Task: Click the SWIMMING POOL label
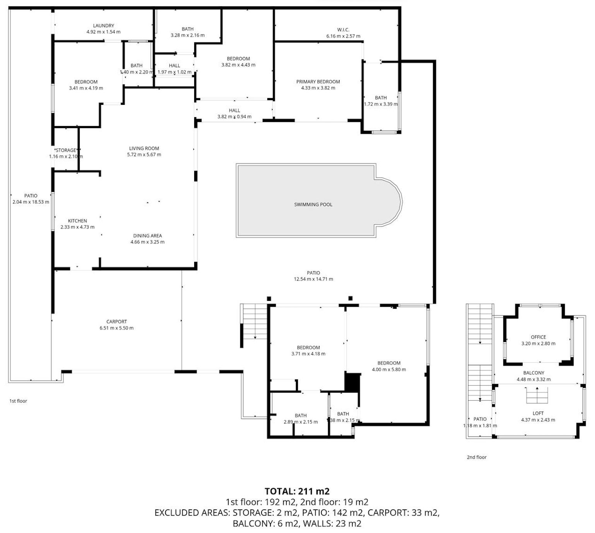(313, 205)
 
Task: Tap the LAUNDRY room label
(103, 26)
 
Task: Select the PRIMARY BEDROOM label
(318, 82)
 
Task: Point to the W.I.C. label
(343, 30)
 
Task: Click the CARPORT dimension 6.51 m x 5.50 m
(116, 328)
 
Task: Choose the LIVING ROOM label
(144, 148)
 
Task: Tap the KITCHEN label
(77, 221)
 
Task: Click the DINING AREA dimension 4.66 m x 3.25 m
(147, 242)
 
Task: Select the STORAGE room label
(66, 150)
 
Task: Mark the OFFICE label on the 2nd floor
(538, 337)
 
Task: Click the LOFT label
(538, 413)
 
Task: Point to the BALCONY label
(533, 373)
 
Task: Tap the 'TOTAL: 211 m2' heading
(297, 491)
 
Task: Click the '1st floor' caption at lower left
(18, 401)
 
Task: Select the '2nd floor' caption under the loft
(476, 457)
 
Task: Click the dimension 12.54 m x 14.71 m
(313, 279)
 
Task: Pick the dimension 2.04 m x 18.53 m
(31, 202)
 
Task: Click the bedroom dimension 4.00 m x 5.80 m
(389, 369)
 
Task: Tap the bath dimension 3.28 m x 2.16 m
(188, 35)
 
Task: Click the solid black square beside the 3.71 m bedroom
(352, 382)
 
